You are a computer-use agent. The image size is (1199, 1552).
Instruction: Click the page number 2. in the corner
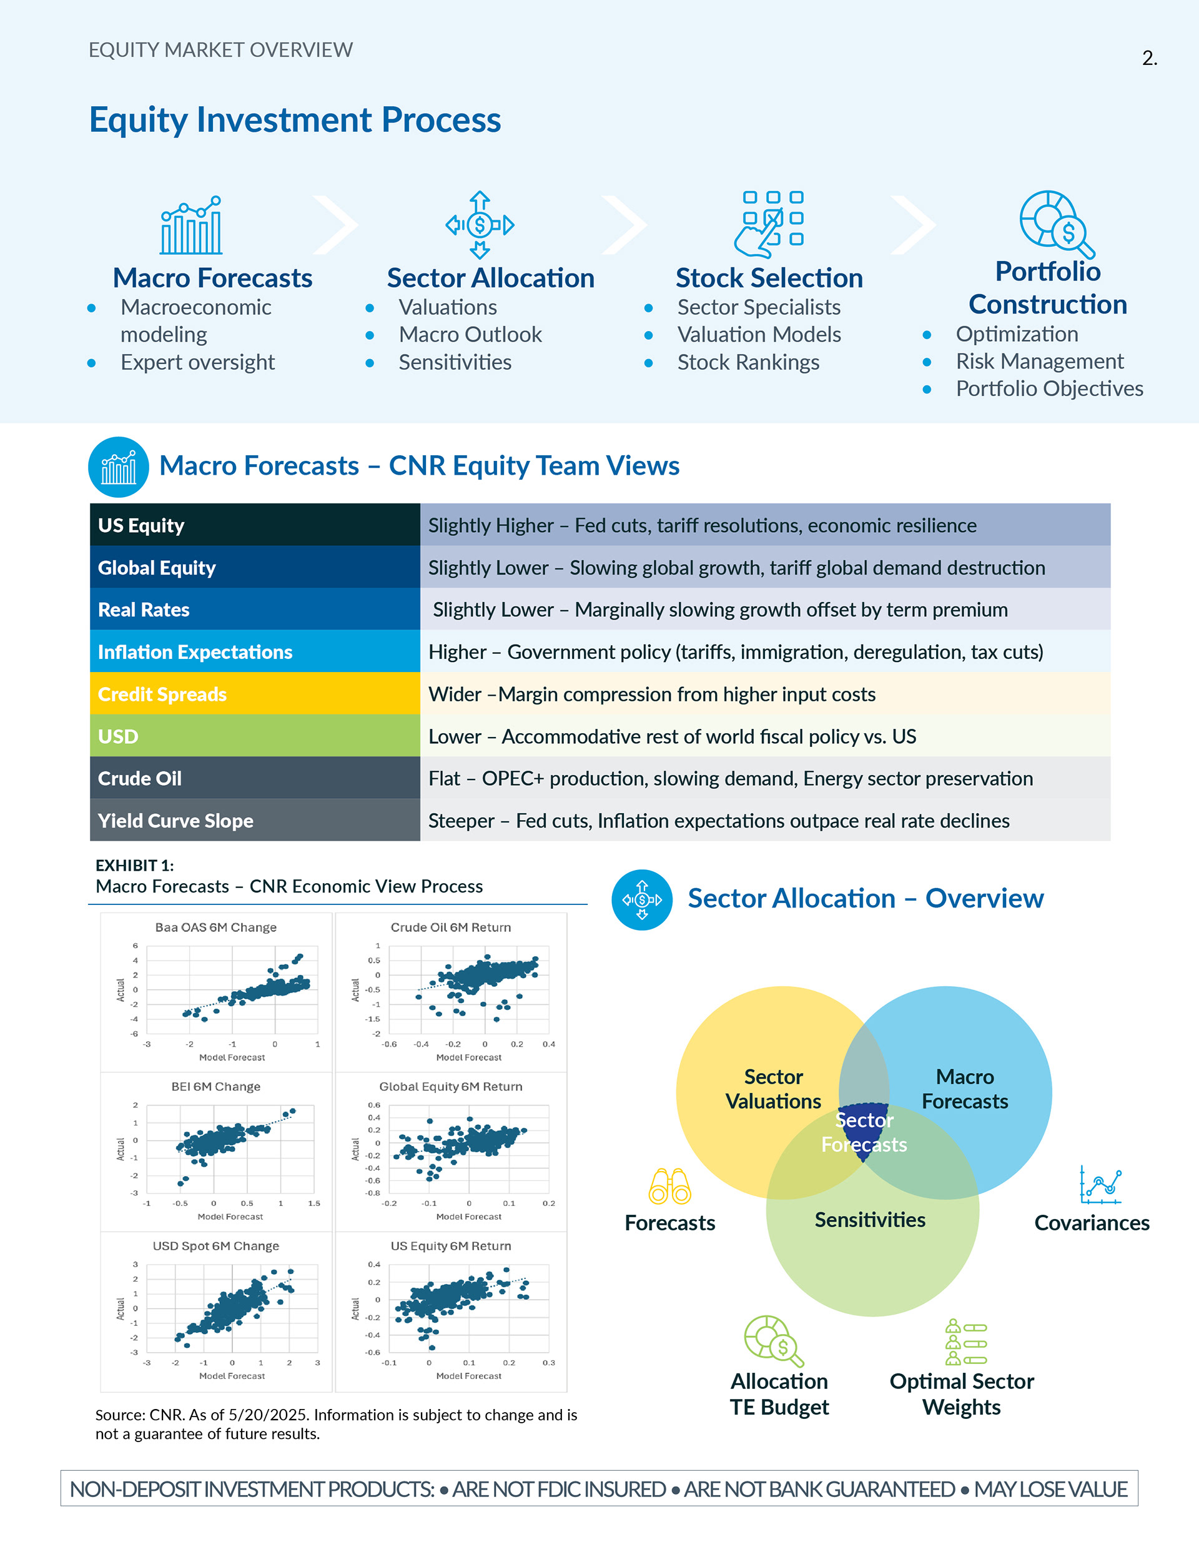click(x=1148, y=58)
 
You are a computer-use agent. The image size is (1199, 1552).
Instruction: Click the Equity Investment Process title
click(x=295, y=119)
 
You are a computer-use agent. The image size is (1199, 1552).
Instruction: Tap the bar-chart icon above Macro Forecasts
click(x=191, y=225)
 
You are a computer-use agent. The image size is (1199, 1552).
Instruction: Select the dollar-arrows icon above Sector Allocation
click(x=480, y=225)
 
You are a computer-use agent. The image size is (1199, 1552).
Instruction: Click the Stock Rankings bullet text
click(x=748, y=362)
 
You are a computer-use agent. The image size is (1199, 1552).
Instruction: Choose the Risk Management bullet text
click(x=1039, y=361)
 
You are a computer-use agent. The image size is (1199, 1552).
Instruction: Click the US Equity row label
click(x=141, y=525)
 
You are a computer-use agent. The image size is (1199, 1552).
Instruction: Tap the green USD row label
click(x=118, y=736)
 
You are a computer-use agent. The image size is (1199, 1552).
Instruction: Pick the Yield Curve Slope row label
click(x=175, y=821)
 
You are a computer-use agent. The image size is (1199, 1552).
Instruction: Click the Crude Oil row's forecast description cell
click(x=730, y=779)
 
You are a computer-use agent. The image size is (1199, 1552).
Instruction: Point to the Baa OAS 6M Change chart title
click(x=216, y=927)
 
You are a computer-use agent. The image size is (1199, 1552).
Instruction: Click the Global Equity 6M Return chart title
click(x=451, y=1087)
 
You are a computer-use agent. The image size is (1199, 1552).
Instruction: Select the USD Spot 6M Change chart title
click(x=216, y=1246)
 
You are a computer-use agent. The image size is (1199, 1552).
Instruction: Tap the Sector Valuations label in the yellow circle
click(x=773, y=1089)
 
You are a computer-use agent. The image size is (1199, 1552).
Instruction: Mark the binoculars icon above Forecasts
click(x=669, y=1186)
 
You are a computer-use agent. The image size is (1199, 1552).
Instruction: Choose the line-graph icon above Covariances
click(x=1100, y=1185)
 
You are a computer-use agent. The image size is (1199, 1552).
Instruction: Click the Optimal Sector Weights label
click(x=962, y=1393)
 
